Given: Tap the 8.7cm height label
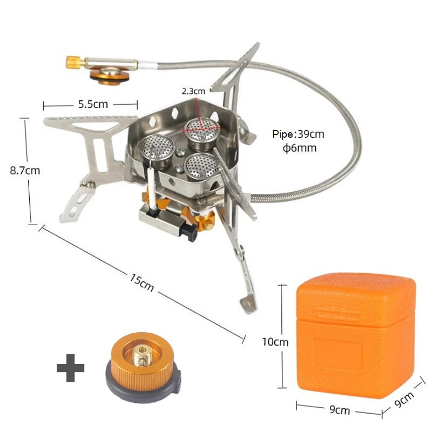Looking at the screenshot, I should [x=25, y=170].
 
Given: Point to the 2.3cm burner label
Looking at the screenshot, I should [x=193, y=91].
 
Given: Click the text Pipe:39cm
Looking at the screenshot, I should [x=299, y=134].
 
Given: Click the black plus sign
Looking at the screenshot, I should [x=71, y=369].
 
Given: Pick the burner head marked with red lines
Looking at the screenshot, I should [x=200, y=129].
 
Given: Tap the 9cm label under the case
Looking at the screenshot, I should [x=339, y=410].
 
